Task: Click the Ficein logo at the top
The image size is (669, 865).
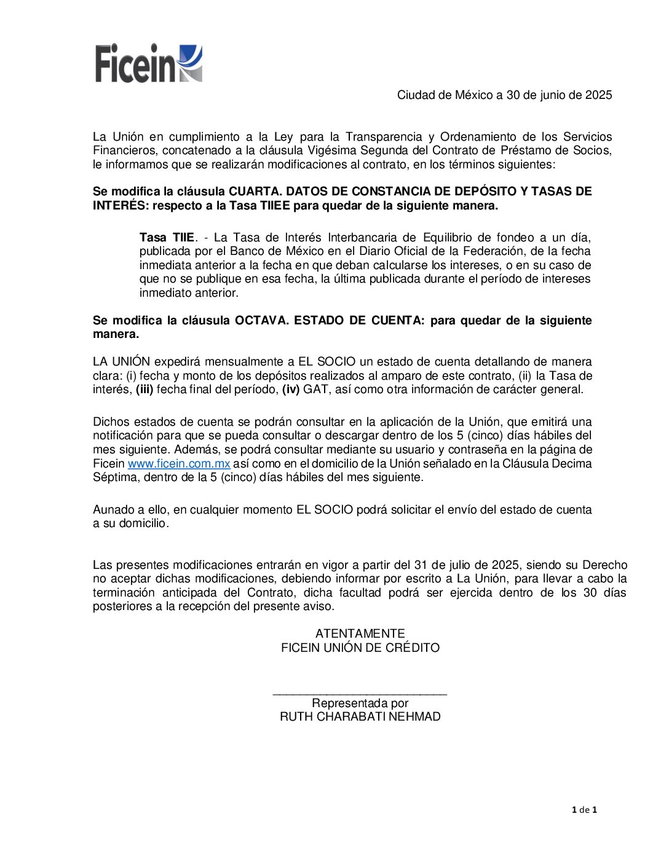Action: pos(149,63)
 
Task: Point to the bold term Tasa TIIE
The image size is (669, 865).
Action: pos(167,237)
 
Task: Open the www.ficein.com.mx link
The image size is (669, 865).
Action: pos(179,463)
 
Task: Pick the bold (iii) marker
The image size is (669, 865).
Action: pos(144,389)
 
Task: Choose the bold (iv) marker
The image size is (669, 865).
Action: pos(291,389)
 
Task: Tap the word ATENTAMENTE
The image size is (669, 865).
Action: pos(360,633)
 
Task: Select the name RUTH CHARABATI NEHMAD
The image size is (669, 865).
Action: pos(360,716)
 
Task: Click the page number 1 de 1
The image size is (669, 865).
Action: pos(584,810)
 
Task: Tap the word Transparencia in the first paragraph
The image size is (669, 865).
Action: pos(384,136)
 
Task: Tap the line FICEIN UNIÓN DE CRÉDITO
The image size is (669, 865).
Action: pos(360,648)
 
